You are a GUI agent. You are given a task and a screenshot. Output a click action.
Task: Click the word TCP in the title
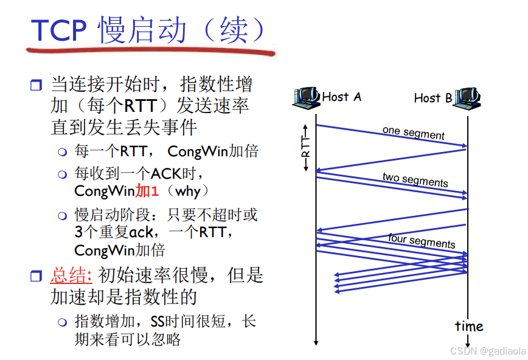pyautogui.click(x=59, y=30)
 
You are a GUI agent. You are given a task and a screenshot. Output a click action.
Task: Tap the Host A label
pyautogui.click(x=341, y=96)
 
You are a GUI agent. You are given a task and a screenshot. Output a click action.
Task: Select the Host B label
pyautogui.click(x=432, y=97)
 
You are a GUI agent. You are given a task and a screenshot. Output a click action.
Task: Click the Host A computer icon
pyautogui.click(x=305, y=97)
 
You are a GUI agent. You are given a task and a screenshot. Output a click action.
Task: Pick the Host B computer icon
pyautogui.click(x=467, y=97)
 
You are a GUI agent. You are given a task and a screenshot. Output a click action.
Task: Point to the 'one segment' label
pyautogui.click(x=413, y=133)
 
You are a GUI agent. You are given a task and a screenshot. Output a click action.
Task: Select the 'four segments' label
pyautogui.click(x=422, y=241)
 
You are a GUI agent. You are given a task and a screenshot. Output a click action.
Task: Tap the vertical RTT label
pyautogui.click(x=305, y=147)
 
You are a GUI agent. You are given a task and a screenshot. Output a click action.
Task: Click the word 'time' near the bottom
pyautogui.click(x=468, y=327)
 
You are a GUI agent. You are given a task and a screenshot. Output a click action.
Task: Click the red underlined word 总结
pyautogui.click(x=71, y=275)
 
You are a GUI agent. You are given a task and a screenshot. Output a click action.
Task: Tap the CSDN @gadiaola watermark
pyautogui.click(x=485, y=351)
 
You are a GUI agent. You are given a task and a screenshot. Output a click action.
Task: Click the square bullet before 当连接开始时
pyautogui.click(x=36, y=85)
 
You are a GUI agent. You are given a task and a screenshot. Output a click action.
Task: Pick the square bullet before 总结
pyautogui.click(x=36, y=276)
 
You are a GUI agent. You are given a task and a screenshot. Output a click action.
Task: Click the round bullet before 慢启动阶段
pyautogui.click(x=63, y=215)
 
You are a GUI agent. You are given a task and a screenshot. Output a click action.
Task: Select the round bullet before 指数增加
pyautogui.click(x=63, y=322)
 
